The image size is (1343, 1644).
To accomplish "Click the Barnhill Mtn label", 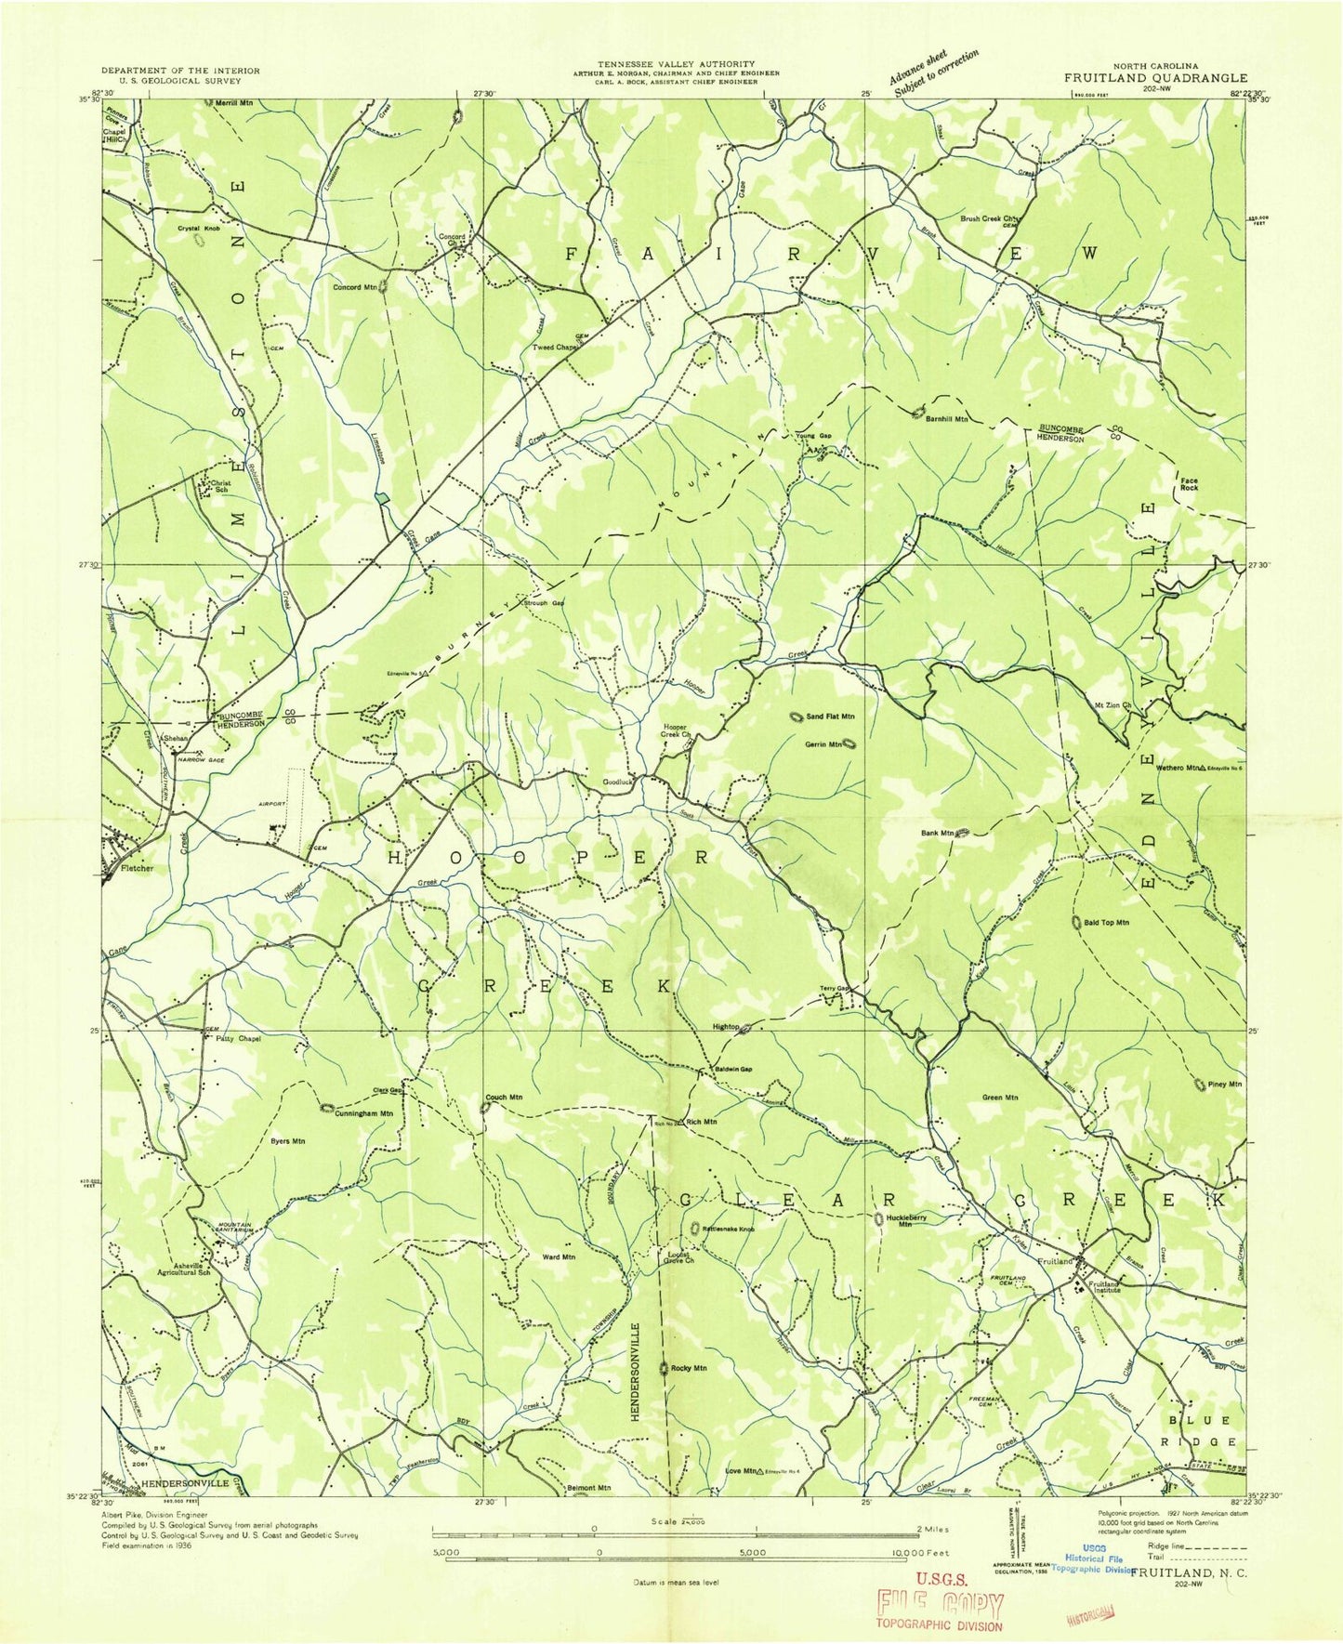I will pyautogui.click(x=947, y=419).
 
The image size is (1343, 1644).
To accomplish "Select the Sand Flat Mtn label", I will pyautogui.click(x=830, y=717).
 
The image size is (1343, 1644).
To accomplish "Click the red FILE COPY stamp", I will pyautogui.click(x=940, y=1605).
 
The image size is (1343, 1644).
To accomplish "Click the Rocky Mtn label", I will pyautogui.click(x=690, y=1368).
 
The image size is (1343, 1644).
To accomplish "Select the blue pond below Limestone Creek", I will pyautogui.click(x=382, y=499).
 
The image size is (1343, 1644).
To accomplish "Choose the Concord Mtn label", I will pyautogui.click(x=355, y=287).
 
